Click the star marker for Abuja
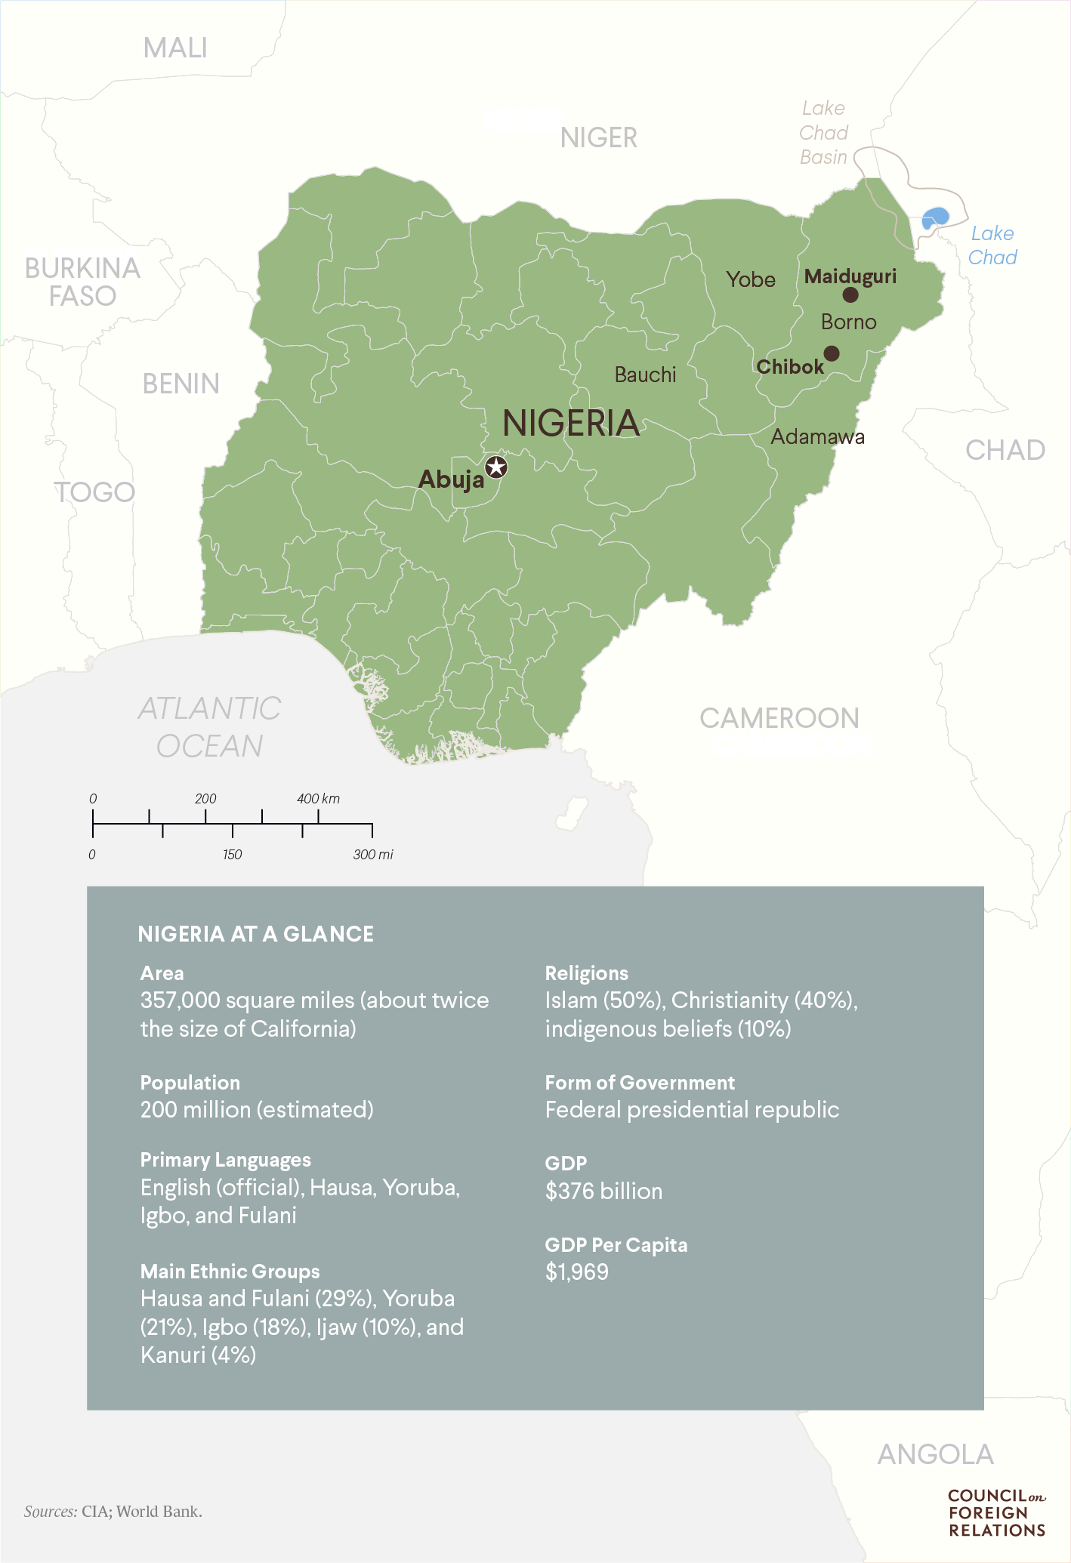click(x=495, y=467)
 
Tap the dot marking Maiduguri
click(x=850, y=294)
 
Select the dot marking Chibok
click(x=832, y=353)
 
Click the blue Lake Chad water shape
click(x=934, y=218)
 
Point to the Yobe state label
click(x=751, y=279)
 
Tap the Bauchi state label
click(x=645, y=375)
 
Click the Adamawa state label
click(x=817, y=436)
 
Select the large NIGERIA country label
click(x=571, y=423)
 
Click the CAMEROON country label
click(x=779, y=718)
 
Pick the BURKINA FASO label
click(x=82, y=282)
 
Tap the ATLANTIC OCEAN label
click(x=210, y=727)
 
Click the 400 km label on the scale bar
click(x=318, y=799)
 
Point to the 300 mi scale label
click(x=373, y=855)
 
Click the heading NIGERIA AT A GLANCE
click(x=255, y=934)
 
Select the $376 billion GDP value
click(x=603, y=1191)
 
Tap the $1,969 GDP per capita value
click(x=577, y=1272)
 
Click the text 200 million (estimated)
click(x=257, y=1109)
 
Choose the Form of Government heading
click(x=640, y=1083)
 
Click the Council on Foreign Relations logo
click(x=996, y=1512)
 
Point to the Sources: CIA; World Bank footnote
click(x=113, y=1511)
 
